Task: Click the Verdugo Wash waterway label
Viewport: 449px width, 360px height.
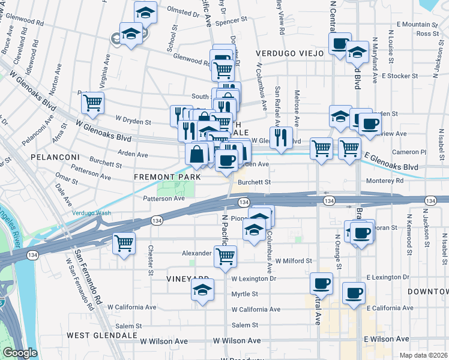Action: point(91,213)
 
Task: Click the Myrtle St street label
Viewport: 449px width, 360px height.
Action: point(244,294)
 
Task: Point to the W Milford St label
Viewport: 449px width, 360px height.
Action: point(294,261)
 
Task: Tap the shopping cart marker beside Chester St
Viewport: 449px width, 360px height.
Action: point(124,244)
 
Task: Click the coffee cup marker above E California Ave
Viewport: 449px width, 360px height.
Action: point(354,293)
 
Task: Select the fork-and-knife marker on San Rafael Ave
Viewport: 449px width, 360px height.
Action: point(281,137)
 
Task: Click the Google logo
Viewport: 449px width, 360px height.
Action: point(20,353)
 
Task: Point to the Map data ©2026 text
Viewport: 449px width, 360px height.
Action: point(424,355)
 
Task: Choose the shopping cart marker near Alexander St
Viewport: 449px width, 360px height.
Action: point(225,256)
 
